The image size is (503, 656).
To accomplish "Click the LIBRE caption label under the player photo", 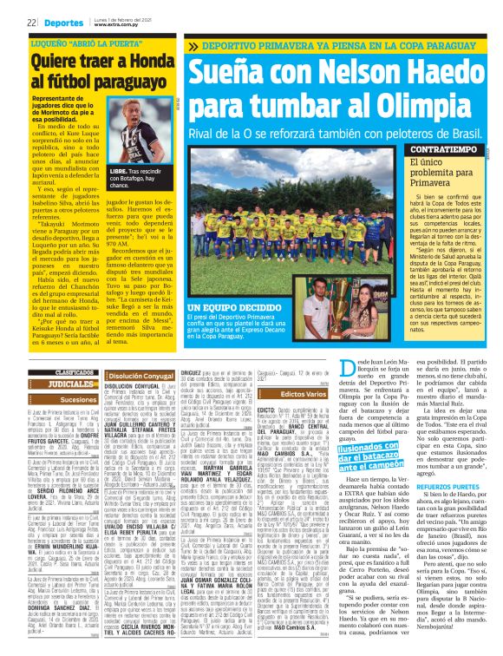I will point(119,173).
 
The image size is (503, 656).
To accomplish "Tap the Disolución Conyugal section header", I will point(140,376).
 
